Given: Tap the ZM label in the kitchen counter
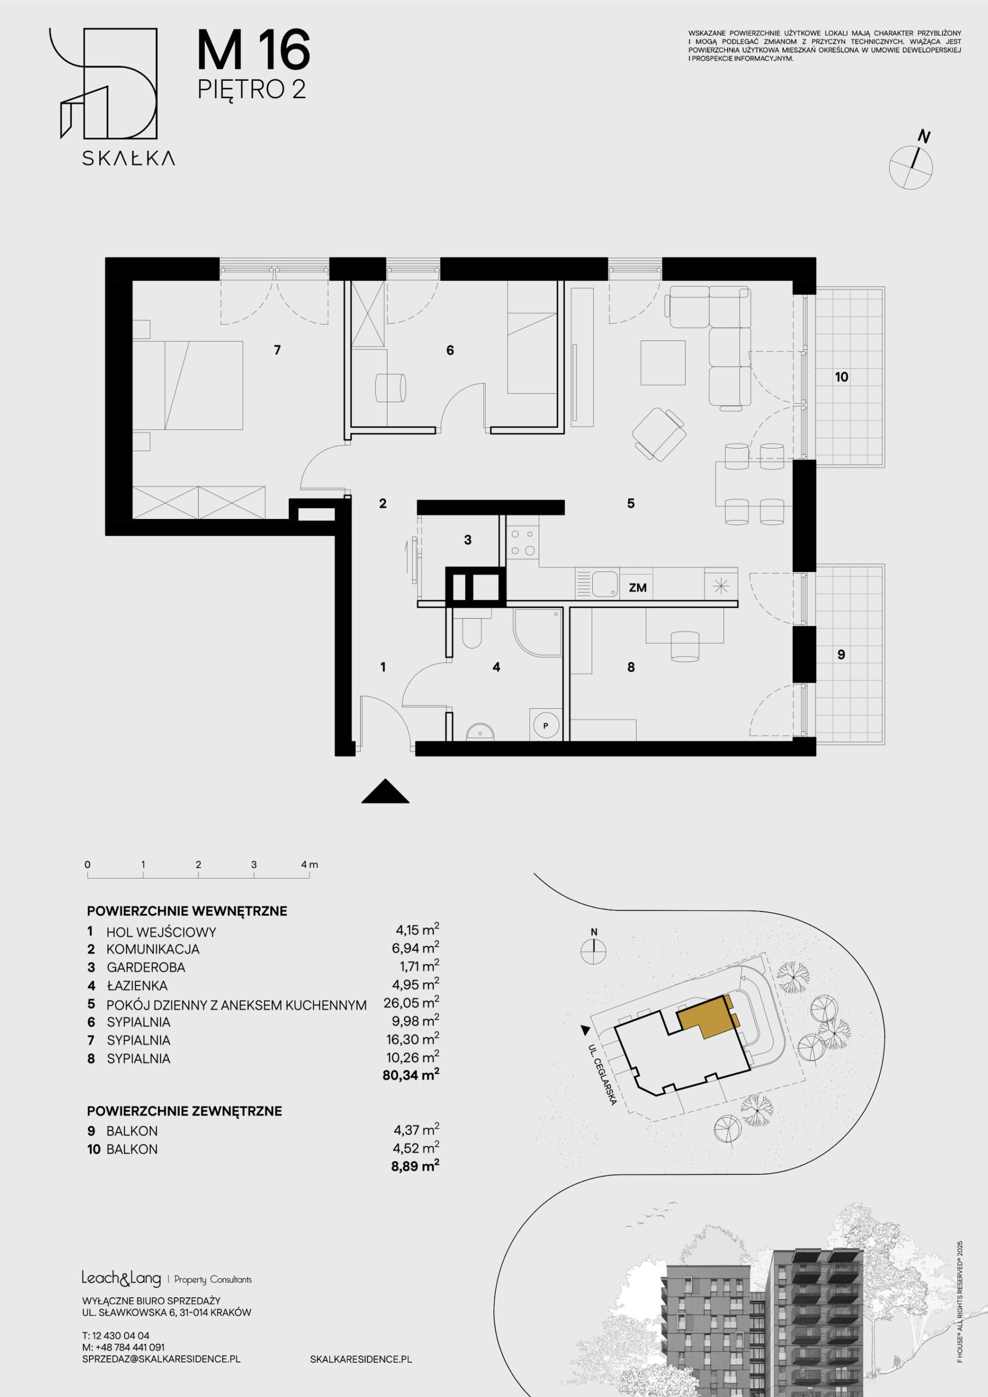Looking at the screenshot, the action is tap(638, 588).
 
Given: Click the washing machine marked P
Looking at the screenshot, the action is tap(545, 724).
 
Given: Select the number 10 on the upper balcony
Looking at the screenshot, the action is tap(841, 377).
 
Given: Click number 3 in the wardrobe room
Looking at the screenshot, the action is tap(467, 540).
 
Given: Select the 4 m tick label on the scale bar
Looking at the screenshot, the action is tap(310, 864).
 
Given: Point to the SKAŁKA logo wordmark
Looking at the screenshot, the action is tap(129, 158).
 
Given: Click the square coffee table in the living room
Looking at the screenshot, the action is tap(663, 363).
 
